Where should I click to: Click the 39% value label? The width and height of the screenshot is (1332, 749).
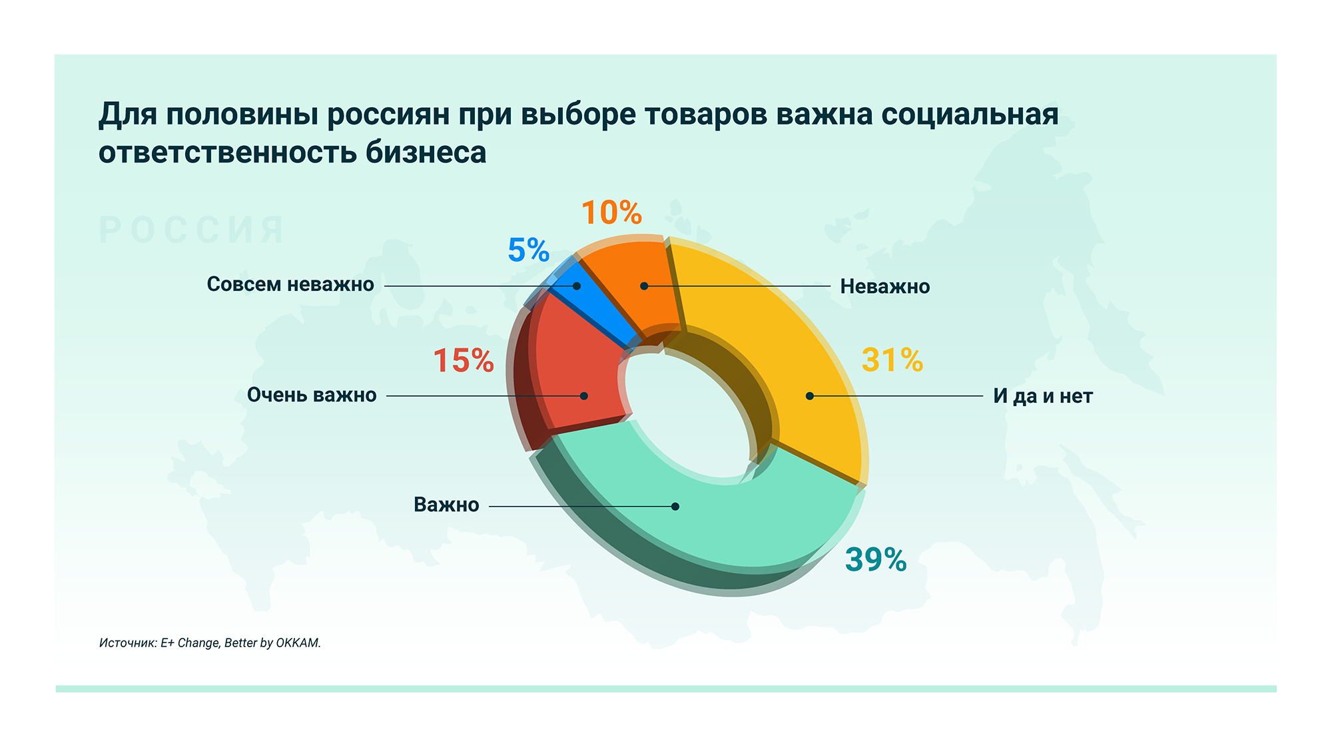click(x=876, y=560)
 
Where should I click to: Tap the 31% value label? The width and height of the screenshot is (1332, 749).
click(x=892, y=360)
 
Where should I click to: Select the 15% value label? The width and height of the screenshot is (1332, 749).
click(x=464, y=361)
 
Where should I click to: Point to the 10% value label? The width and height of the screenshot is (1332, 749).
click(x=611, y=213)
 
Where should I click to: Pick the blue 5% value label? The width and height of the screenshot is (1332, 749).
click(x=528, y=250)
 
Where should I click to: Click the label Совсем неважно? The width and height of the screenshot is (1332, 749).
click(x=290, y=284)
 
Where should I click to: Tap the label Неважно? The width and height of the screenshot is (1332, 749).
click(x=884, y=287)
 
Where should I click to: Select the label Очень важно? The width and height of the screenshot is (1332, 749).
click(x=312, y=395)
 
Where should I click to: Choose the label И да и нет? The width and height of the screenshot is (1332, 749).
click(x=1042, y=396)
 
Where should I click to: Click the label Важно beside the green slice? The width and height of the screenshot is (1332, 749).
click(x=446, y=505)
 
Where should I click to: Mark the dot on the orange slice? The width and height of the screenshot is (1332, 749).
click(x=644, y=286)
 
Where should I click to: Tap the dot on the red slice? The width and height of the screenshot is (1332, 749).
click(x=584, y=396)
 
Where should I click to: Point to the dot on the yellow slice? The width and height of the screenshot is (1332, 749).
click(x=810, y=396)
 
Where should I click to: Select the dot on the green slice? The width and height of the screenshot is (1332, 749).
click(x=675, y=507)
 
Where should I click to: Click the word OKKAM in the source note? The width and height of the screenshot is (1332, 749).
click(x=298, y=643)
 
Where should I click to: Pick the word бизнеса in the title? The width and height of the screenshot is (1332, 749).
click(x=426, y=152)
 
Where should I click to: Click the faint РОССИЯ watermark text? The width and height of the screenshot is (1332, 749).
click(x=192, y=230)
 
